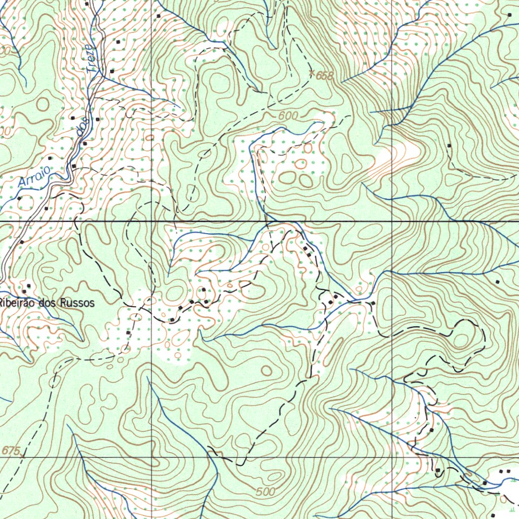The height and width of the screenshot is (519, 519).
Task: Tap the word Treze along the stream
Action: click(90, 58)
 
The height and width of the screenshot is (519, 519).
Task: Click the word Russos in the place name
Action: click(77, 303)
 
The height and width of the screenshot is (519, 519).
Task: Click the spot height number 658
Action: click(325, 76)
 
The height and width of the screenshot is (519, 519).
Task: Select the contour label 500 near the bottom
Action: click(265, 492)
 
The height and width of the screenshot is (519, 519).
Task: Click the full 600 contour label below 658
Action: click(288, 116)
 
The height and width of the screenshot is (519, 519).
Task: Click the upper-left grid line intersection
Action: click(152, 221)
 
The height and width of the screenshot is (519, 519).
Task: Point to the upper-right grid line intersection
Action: click(393, 221)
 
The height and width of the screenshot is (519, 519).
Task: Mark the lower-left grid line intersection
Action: click(152, 457)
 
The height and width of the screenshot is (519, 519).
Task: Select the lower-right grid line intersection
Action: click(393, 457)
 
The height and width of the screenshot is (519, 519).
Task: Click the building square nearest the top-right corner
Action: click(509, 15)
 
